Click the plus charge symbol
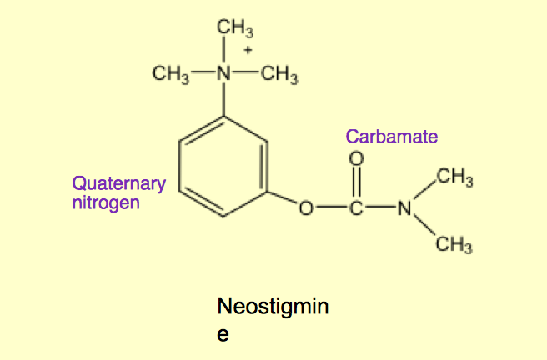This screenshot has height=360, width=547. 248,50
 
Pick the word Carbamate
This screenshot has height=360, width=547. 391,137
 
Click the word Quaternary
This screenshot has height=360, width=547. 119,183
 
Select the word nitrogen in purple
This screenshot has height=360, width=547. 106,202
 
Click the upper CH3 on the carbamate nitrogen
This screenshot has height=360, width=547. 455,177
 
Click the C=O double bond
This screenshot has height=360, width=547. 357,184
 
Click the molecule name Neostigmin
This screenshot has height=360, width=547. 273,307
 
